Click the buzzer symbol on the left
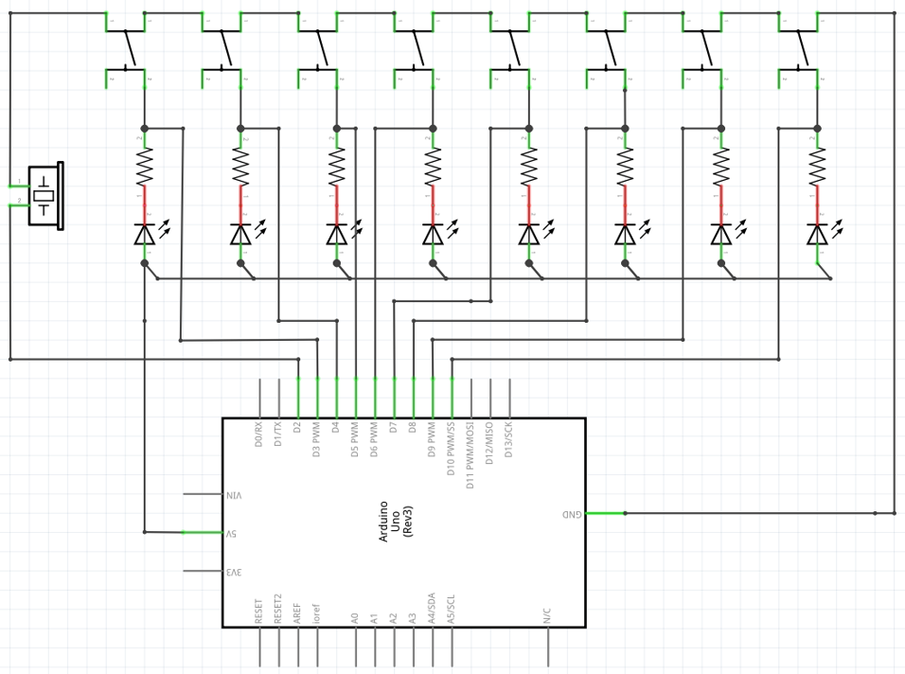point(44,196)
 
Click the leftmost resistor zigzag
point(145,167)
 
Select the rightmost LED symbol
point(817,234)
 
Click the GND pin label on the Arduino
point(571,514)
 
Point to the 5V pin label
point(231,533)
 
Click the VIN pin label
point(234,494)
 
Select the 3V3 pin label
point(233,572)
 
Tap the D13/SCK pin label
point(509,439)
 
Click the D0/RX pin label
point(259,434)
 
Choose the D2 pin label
point(298,428)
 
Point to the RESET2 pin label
point(278,608)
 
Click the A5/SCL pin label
point(452,608)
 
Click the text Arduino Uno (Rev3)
point(396,521)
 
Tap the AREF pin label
point(298,612)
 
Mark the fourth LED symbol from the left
point(433,234)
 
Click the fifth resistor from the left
point(529,167)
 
